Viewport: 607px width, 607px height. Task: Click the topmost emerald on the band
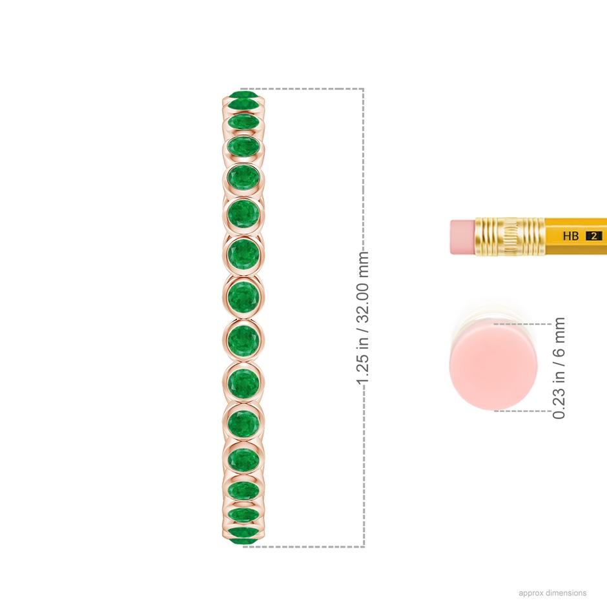pyautogui.click(x=243, y=95)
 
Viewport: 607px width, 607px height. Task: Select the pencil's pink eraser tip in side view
pyautogui.click(x=462, y=237)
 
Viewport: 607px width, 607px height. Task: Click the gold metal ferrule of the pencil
pyautogui.click(x=510, y=236)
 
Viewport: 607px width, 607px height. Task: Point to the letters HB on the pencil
pyautogui.click(x=571, y=236)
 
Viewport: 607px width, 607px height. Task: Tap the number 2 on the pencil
pyautogui.click(x=593, y=236)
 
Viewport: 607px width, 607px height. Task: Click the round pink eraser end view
pyautogui.click(x=493, y=365)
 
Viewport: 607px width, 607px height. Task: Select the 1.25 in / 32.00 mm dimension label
pyautogui.click(x=362, y=318)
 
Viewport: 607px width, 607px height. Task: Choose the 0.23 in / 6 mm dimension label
pyautogui.click(x=559, y=368)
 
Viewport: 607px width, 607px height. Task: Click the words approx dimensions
pyautogui.click(x=552, y=593)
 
